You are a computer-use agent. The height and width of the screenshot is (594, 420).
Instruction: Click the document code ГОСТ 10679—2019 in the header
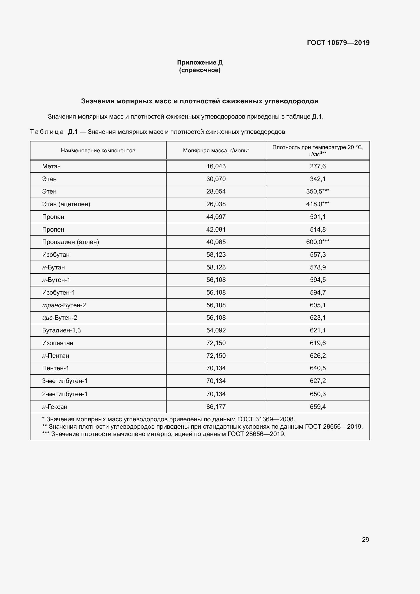338,43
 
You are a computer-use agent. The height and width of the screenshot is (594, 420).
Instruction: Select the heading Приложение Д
200,62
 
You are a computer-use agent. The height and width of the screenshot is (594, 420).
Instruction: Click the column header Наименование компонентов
98,151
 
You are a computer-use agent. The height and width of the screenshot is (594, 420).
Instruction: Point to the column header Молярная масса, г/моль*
216,151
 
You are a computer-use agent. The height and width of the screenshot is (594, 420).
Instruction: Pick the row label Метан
51,166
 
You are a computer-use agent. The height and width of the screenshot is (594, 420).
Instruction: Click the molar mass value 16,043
216,166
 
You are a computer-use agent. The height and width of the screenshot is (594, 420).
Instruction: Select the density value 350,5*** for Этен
318,191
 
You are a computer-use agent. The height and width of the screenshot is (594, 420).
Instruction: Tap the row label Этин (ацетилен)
66,204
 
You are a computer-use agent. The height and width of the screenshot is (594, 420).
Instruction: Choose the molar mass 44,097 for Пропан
216,217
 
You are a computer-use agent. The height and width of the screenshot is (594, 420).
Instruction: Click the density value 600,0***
318,242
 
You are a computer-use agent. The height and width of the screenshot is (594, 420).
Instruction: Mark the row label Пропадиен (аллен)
71,242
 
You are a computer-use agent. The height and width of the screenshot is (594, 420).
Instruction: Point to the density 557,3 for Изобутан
318,254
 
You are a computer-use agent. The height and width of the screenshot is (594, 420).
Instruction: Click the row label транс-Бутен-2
64,305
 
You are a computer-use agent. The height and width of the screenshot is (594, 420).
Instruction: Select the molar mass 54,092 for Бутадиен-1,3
216,330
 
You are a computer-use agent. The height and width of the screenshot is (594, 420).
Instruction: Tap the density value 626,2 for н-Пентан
318,356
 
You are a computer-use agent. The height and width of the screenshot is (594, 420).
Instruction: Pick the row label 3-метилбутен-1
65,381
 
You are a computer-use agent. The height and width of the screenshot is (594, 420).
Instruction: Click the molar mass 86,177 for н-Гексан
216,407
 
